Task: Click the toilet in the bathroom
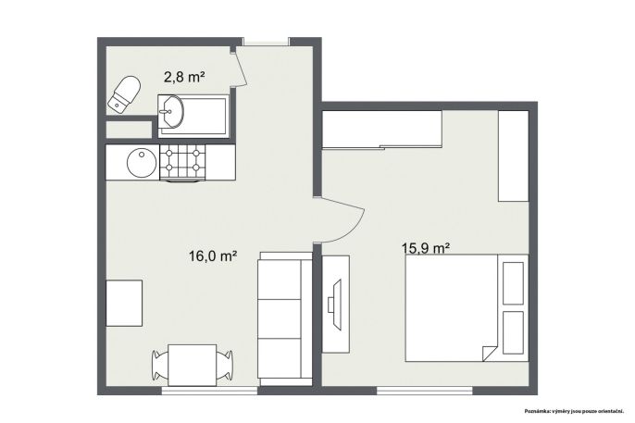125,93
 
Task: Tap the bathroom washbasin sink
171,111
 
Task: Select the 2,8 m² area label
183,77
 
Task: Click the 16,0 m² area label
213,255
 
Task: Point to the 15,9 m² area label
427,248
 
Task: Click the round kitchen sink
142,162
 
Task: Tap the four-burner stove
182,163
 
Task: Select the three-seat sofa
285,318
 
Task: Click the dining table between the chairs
192,365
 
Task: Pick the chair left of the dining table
160,366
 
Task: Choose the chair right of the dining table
224,366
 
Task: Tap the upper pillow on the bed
513,283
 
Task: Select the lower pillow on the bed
513,332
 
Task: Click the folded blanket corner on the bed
490,354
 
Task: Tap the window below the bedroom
424,391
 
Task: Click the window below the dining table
209,391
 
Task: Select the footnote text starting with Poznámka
574,412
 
